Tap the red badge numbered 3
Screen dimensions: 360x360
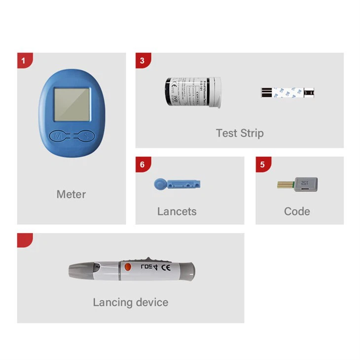pyautogui.click(x=143, y=60)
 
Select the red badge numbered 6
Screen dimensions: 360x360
pyautogui.click(x=143, y=164)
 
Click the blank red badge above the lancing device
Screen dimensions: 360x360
pyautogui.click(x=24, y=240)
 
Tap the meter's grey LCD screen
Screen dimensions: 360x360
pyautogui.click(x=72, y=104)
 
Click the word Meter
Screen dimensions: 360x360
pyautogui.click(x=71, y=194)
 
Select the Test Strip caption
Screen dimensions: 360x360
pyautogui.click(x=240, y=133)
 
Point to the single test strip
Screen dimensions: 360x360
pyautogui.click(x=288, y=92)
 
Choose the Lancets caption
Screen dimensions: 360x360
pyautogui.click(x=177, y=212)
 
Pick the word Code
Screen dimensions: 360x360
pyautogui.click(x=297, y=212)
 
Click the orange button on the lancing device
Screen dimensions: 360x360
pyautogui.click(x=127, y=268)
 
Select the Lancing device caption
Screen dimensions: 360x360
pyautogui.click(x=130, y=302)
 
